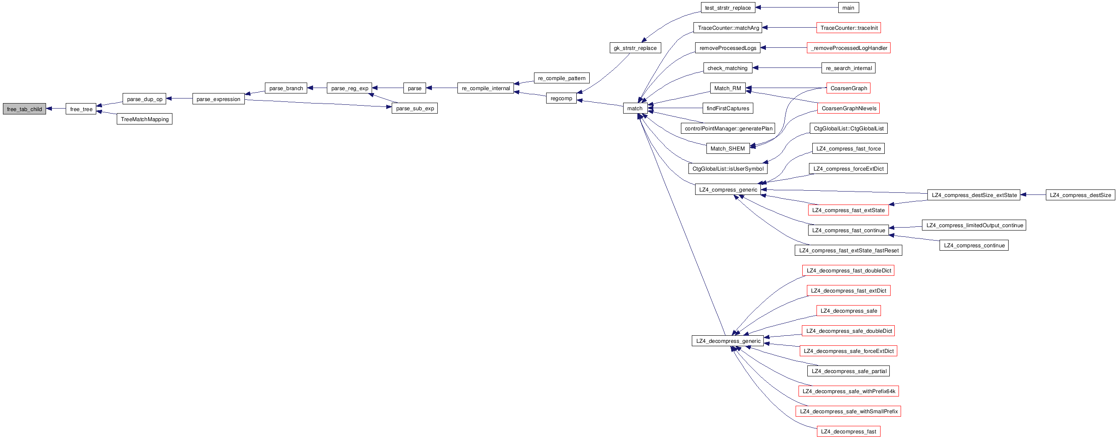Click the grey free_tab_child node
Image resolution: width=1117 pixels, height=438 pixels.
pyautogui.click(x=24, y=109)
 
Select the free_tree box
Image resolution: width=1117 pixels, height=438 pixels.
pyautogui.click(x=81, y=109)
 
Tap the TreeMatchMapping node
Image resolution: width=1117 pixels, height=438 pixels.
pyautogui.click(x=144, y=119)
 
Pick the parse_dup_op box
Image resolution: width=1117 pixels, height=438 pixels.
pyautogui.click(x=144, y=99)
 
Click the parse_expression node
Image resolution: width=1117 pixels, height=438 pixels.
pyautogui.click(x=218, y=99)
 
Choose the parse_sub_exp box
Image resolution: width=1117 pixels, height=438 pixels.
pyautogui.click(x=415, y=108)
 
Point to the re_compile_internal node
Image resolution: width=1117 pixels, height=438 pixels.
pyautogui.click(x=485, y=88)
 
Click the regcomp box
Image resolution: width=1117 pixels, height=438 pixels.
pyautogui.click(x=561, y=98)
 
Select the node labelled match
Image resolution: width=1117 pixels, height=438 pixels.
pyautogui.click(x=634, y=108)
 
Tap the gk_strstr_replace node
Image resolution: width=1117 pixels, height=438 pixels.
pyautogui.click(x=635, y=48)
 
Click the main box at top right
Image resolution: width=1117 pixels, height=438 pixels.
pyautogui.click(x=848, y=8)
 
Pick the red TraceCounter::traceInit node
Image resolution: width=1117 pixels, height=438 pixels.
pyautogui.click(x=849, y=28)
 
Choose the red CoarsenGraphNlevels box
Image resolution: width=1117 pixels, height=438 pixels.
pyautogui.click(x=849, y=108)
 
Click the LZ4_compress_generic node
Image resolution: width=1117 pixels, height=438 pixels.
pyautogui.click(x=728, y=189)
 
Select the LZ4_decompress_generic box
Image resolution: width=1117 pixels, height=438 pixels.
pyautogui.click(x=728, y=341)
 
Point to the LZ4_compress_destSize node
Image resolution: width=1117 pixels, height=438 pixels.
pyautogui.click(x=1080, y=195)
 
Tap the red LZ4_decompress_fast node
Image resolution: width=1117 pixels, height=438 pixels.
pyautogui.click(x=848, y=431)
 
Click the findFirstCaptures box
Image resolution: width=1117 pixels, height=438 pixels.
pyautogui.click(x=728, y=108)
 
